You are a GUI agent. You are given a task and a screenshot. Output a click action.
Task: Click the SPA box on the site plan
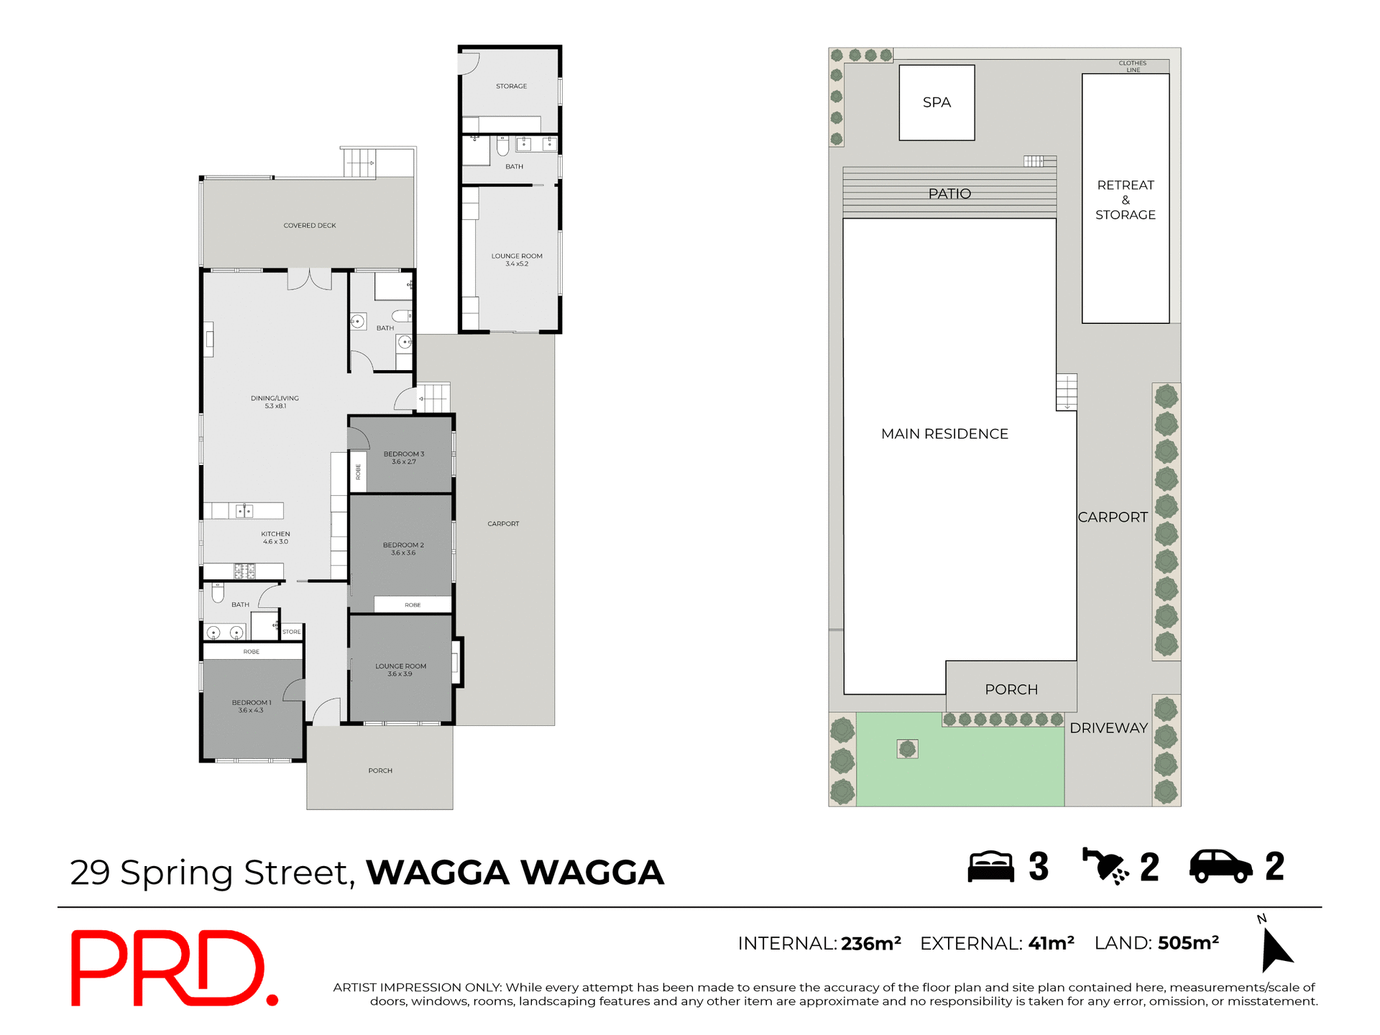pyautogui.click(x=937, y=103)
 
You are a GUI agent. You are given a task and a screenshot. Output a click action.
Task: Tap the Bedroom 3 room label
pyautogui.click(x=403, y=458)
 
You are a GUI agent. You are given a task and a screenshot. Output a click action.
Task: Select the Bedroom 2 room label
pyautogui.click(x=403, y=549)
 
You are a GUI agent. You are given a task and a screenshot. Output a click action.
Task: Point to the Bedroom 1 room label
pyautogui.click(x=251, y=707)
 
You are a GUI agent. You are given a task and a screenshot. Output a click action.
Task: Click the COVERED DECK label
pyautogui.click(x=310, y=226)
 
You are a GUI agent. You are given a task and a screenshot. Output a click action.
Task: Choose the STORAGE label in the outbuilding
pyautogui.click(x=511, y=86)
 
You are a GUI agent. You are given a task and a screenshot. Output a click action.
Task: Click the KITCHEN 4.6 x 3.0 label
pyautogui.click(x=275, y=538)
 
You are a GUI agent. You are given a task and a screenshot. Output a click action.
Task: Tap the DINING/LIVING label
pyautogui.click(x=275, y=402)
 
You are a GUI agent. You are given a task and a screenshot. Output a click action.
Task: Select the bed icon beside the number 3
pyautogui.click(x=990, y=866)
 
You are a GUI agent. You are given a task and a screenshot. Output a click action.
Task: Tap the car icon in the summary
pyautogui.click(x=1221, y=866)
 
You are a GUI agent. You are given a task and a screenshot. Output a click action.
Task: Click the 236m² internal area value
pyautogui.click(x=871, y=943)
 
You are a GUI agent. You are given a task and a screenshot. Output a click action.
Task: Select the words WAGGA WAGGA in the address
pyautogui.click(x=515, y=873)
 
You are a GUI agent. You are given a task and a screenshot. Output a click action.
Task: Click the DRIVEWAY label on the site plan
pyautogui.click(x=1108, y=728)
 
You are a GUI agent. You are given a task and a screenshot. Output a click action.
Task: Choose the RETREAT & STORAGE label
pyautogui.click(x=1126, y=200)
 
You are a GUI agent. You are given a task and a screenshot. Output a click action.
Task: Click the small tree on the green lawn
pyautogui.click(x=908, y=750)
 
